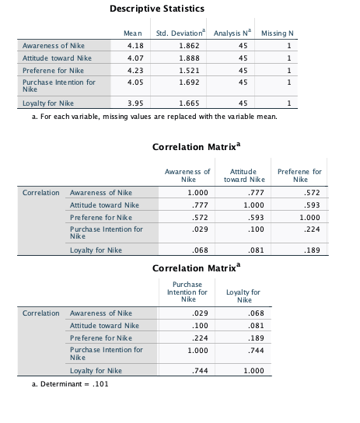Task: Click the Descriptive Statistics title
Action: [157, 9]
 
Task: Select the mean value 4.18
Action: [135, 46]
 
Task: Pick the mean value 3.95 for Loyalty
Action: [135, 103]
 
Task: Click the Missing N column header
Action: [278, 33]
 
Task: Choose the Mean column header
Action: [133, 33]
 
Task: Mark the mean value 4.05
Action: [135, 81]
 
